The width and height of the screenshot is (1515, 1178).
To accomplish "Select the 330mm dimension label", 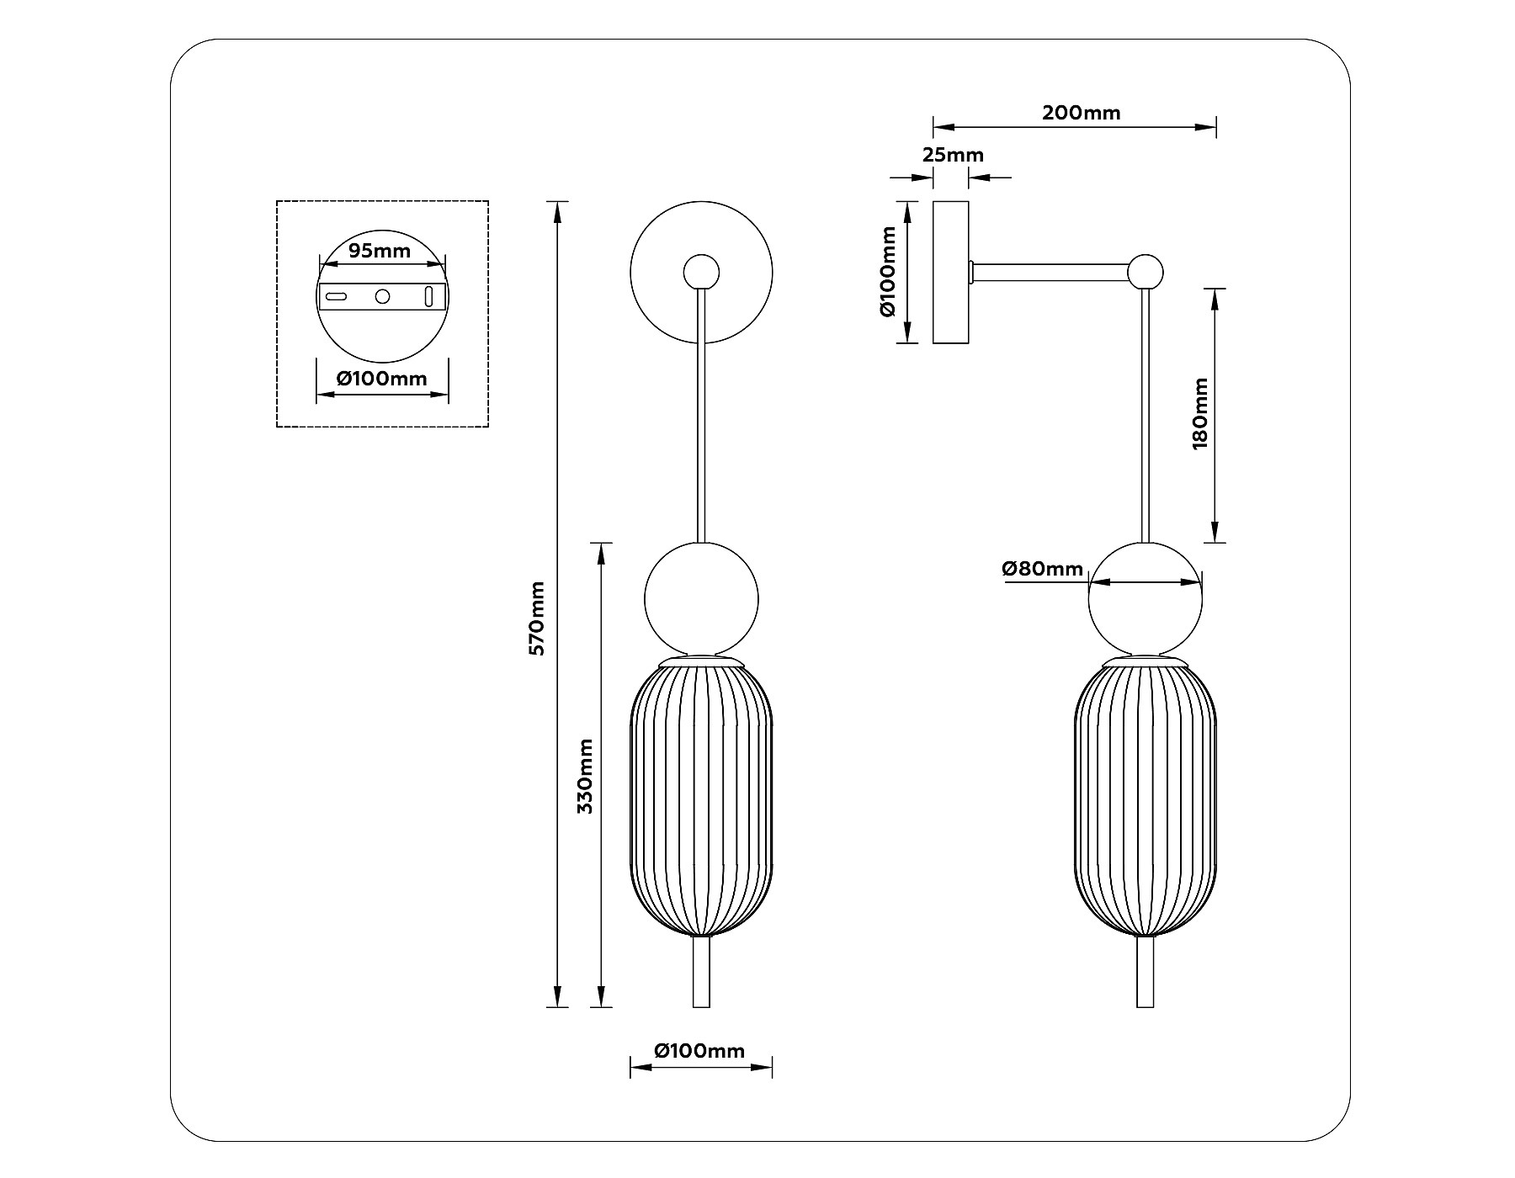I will coord(586,776).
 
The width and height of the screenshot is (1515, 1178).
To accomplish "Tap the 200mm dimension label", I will coord(1081,113).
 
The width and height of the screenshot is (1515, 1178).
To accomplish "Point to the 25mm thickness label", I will coord(953,156).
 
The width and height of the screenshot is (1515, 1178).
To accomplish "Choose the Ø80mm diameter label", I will coord(1042,569).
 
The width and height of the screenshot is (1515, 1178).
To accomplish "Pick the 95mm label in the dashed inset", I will coord(380,251).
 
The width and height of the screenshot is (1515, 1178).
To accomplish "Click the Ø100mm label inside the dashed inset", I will coord(382,379).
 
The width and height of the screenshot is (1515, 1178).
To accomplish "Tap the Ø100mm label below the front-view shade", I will coord(700,1051).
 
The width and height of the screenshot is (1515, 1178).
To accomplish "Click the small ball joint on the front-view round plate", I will coord(701,271).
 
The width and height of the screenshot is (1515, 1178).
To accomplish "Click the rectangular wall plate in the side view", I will coord(950,272).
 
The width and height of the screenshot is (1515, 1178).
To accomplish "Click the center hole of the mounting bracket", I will coord(383,296).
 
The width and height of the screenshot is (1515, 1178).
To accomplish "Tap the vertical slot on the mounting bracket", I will coord(428,296).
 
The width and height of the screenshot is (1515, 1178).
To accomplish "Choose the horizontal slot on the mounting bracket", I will coord(337,296).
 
